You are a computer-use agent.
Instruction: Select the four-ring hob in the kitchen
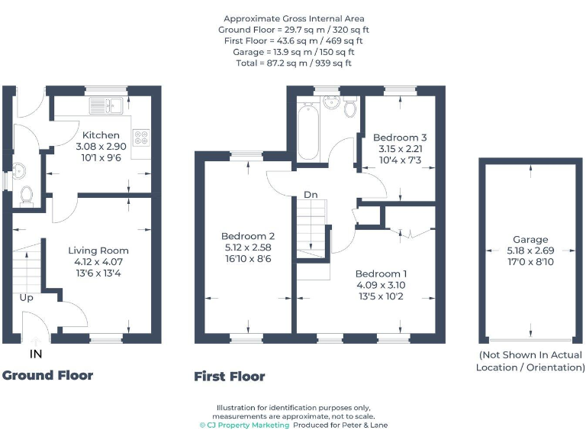(x=141, y=137)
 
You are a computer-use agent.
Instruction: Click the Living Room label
(x=98, y=250)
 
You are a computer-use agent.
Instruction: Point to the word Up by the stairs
(x=26, y=298)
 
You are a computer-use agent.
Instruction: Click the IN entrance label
(x=35, y=354)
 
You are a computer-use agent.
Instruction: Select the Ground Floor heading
(x=47, y=375)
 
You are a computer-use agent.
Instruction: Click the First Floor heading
(x=230, y=376)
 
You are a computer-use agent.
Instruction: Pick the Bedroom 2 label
(x=248, y=236)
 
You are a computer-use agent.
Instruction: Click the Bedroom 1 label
(x=382, y=273)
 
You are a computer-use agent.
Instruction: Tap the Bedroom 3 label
(x=401, y=137)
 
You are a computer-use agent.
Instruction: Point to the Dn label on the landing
(x=311, y=195)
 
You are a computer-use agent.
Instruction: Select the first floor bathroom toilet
(x=350, y=108)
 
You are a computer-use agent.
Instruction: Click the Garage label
(x=530, y=239)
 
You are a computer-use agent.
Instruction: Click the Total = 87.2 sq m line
(x=294, y=63)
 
